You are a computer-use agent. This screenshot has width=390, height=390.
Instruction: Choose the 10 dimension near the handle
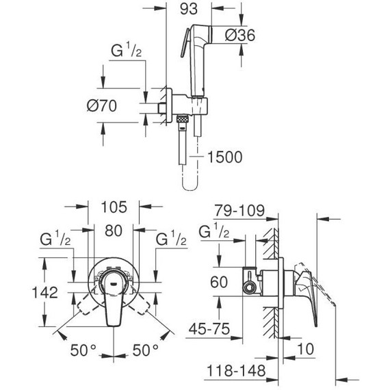click(x=305, y=348)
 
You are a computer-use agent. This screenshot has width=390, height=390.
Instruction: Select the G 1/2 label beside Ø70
click(x=127, y=52)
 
